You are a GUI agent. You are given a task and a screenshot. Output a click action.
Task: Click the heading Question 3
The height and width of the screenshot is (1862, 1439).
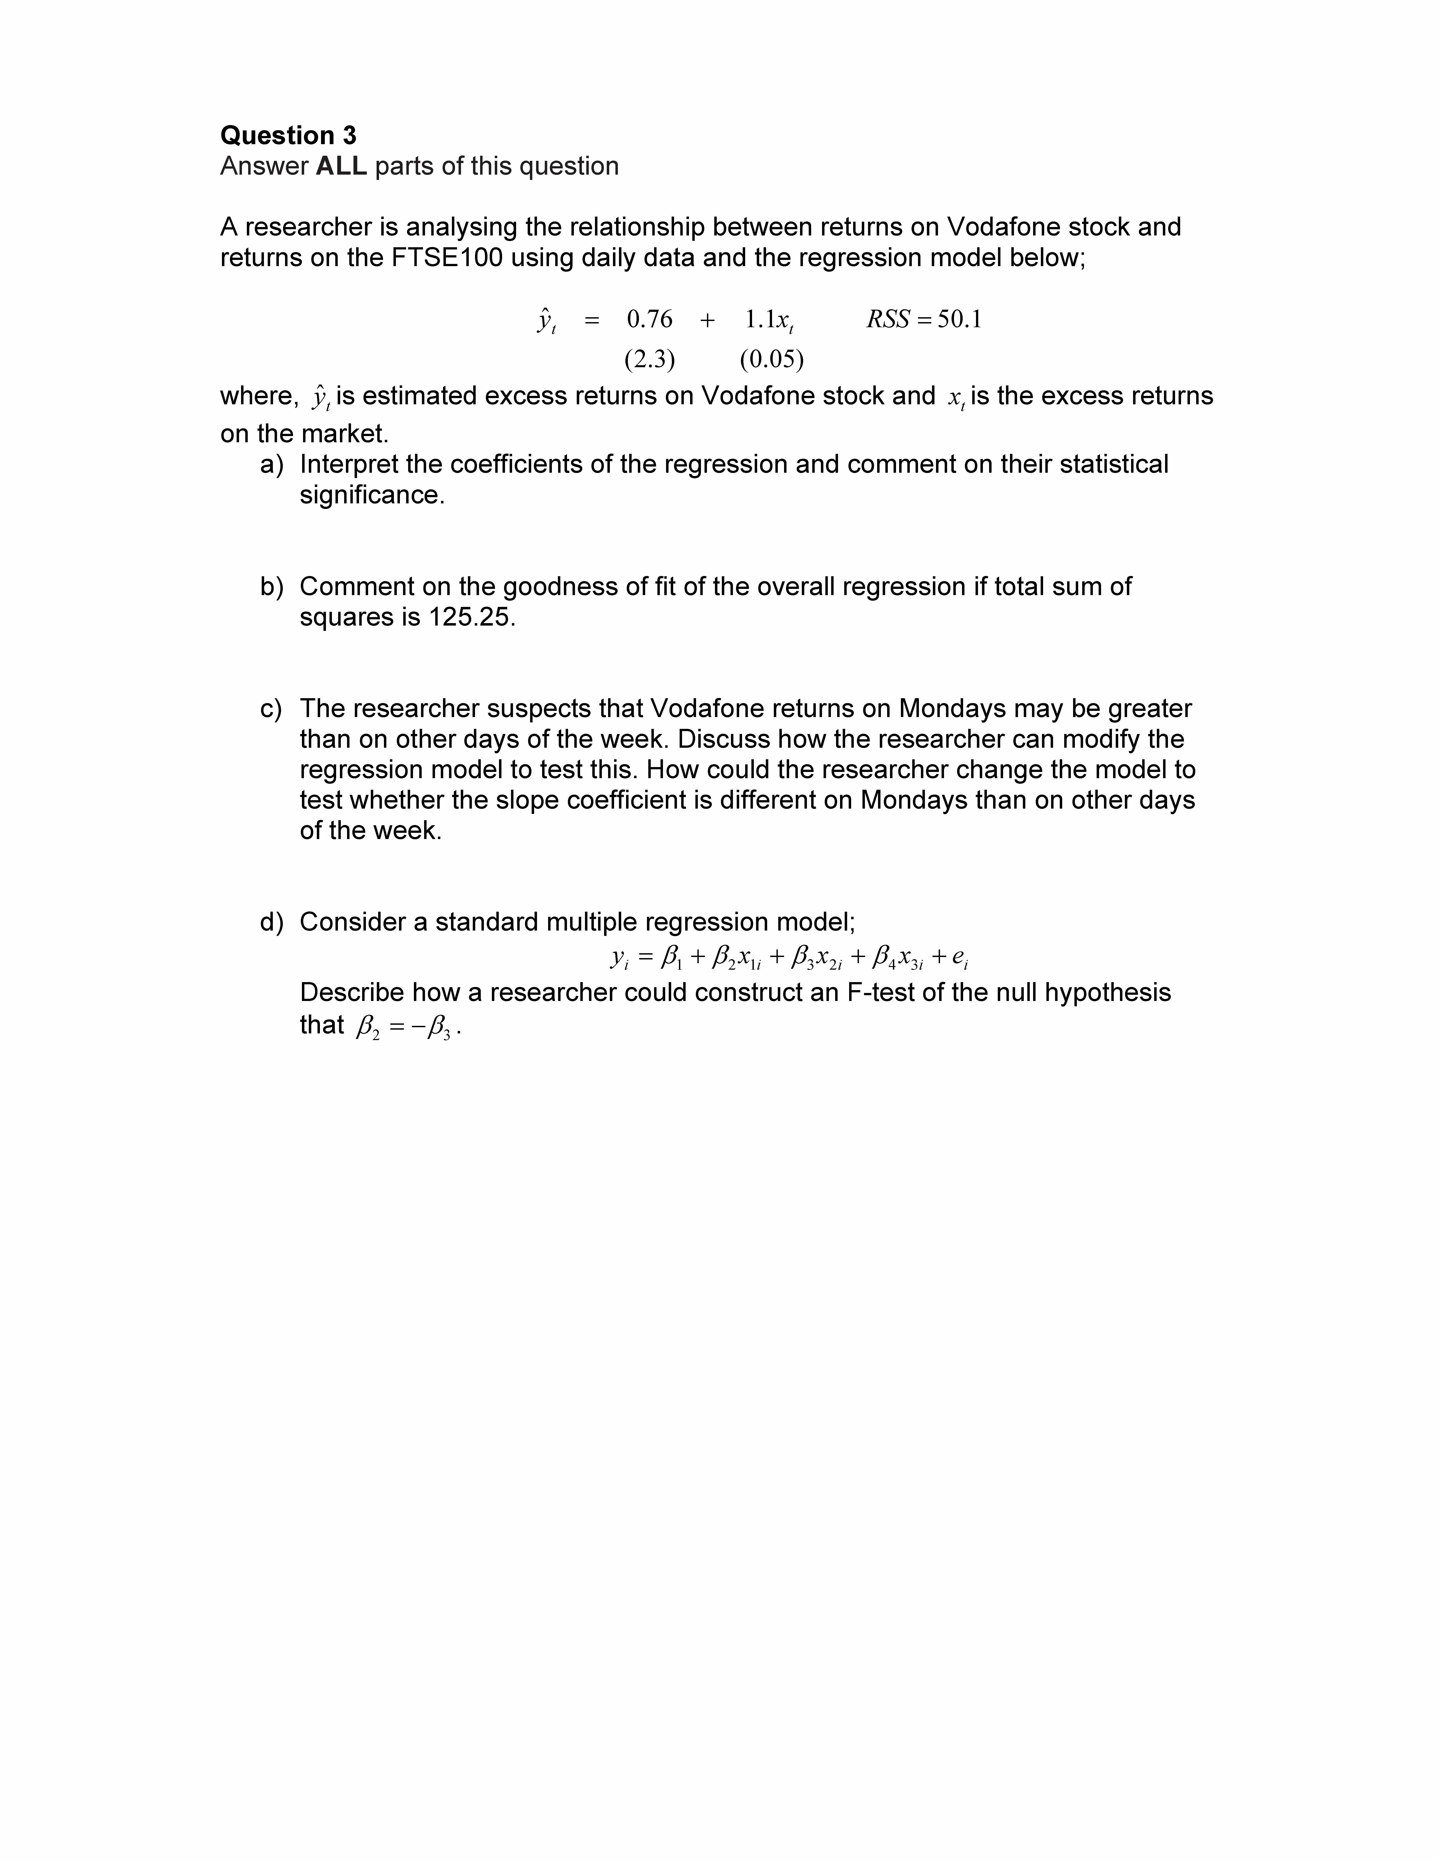coord(288,136)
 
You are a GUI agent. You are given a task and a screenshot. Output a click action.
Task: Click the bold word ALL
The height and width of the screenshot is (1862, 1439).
coord(341,166)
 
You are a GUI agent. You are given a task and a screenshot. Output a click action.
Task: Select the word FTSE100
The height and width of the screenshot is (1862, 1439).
coord(447,257)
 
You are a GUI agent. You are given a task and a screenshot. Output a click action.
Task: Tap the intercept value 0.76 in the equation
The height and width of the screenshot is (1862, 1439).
coord(650,320)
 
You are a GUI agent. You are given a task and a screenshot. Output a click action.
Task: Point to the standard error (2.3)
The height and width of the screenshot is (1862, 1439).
coord(650,360)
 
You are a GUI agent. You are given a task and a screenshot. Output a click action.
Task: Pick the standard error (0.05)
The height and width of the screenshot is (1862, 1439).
coord(772,360)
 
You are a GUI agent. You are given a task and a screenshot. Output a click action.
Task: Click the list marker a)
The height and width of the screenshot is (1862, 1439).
coord(271,465)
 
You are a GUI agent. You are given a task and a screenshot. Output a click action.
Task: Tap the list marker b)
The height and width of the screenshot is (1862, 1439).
coord(271,586)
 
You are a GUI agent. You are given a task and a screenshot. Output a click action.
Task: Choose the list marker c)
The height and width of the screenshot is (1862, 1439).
coord(271,708)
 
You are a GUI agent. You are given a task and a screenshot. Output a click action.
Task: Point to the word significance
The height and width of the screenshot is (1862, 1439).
coord(372,495)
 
